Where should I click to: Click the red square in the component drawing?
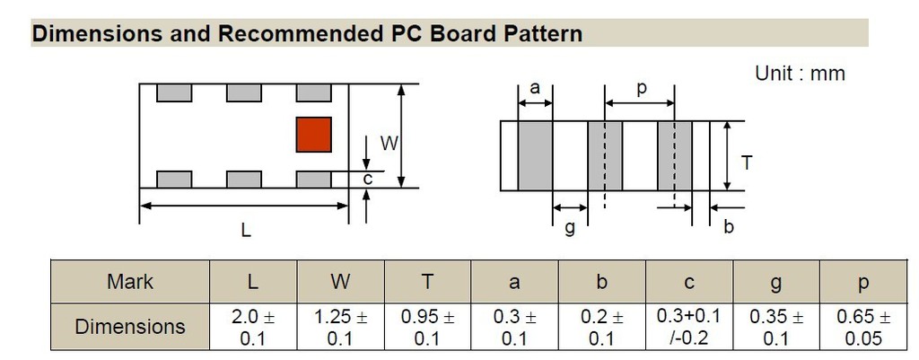314,135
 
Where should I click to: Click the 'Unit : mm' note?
800,74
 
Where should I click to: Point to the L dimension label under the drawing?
245,230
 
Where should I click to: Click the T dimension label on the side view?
746,162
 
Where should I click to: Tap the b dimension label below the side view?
728,226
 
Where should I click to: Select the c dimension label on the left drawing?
367,179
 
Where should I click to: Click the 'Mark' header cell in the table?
130,282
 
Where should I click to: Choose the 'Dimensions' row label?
130,327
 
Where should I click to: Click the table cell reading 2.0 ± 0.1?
253,327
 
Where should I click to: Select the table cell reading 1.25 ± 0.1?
340,327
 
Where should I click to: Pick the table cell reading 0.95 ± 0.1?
428,327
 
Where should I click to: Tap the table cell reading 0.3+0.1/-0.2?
690,327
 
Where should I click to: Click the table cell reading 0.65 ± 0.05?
863,327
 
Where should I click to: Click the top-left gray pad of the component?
174,92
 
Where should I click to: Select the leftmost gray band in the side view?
535,156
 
